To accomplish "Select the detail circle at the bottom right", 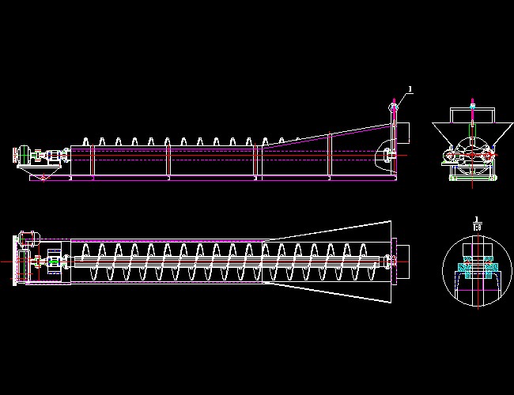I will point(472,269).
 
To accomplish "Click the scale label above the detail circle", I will point(476,224).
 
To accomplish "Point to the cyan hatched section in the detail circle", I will point(472,266).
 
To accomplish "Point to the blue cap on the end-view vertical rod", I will point(472,103).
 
